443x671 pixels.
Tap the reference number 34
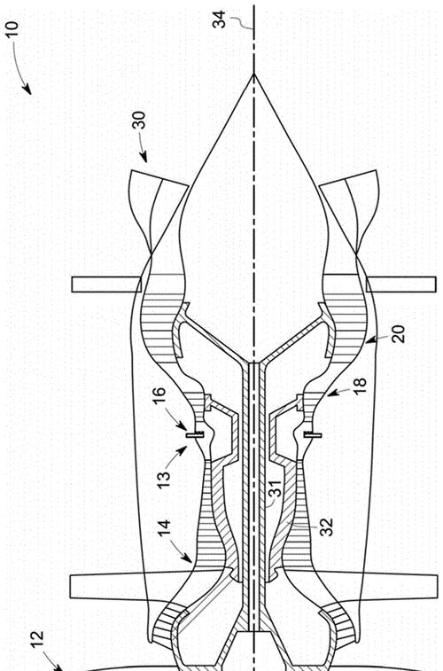click(220, 20)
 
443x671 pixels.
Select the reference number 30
click(139, 121)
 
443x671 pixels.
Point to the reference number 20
click(398, 334)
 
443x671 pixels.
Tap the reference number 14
click(164, 528)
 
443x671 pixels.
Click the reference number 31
click(276, 488)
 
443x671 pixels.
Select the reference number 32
click(326, 527)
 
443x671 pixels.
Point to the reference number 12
click(37, 641)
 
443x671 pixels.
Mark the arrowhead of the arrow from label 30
click(144, 159)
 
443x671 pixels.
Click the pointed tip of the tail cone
click(254, 74)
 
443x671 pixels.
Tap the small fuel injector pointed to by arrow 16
click(195, 435)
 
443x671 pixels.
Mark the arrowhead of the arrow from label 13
click(183, 449)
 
